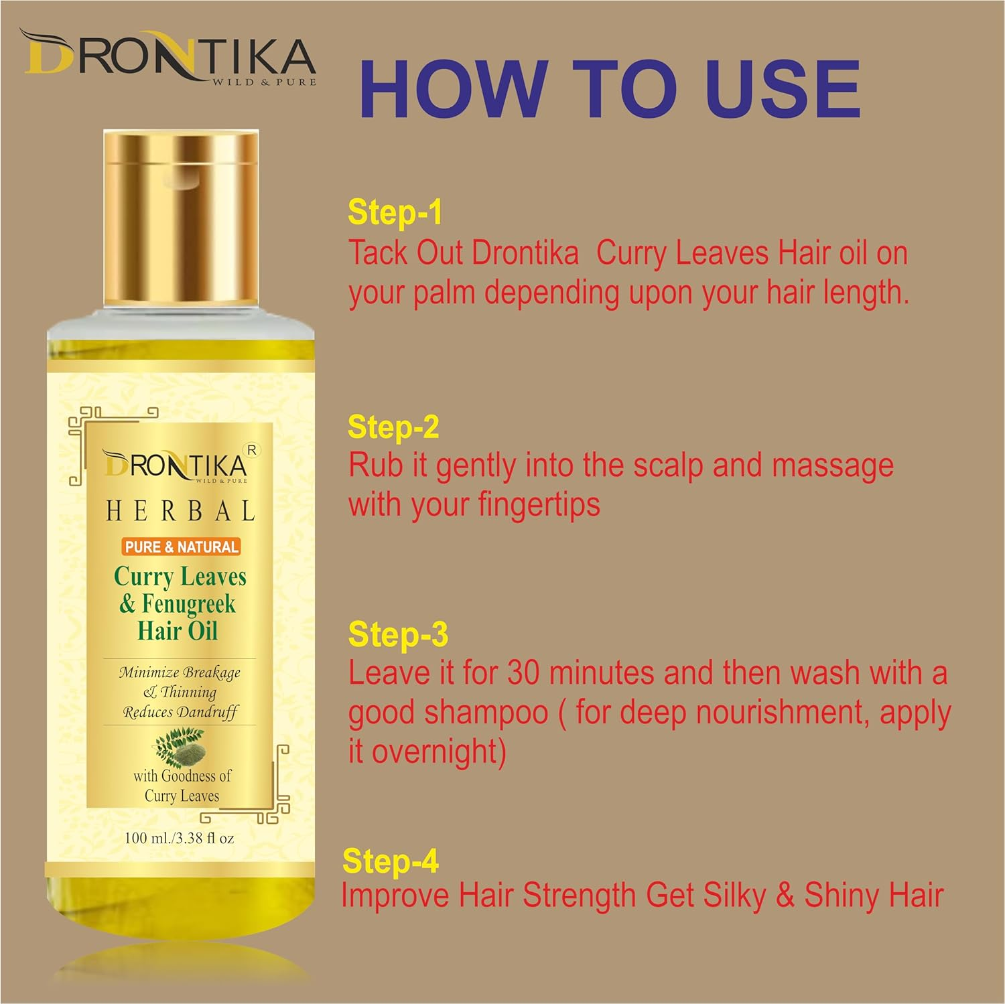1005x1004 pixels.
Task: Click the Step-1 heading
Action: pos(395,212)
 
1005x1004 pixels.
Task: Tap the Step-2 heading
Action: pos(393,427)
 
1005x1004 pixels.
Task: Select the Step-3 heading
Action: pos(397,634)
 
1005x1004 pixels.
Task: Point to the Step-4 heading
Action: pos(390,861)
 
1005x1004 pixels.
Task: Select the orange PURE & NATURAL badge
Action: pos(182,547)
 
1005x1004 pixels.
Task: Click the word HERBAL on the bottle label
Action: pos(181,512)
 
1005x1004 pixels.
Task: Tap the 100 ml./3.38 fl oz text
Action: pos(180,838)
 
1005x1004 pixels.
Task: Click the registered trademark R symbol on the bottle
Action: pos(252,451)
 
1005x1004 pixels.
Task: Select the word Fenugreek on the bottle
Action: pos(188,604)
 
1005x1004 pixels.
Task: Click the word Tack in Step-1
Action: pos(377,254)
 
